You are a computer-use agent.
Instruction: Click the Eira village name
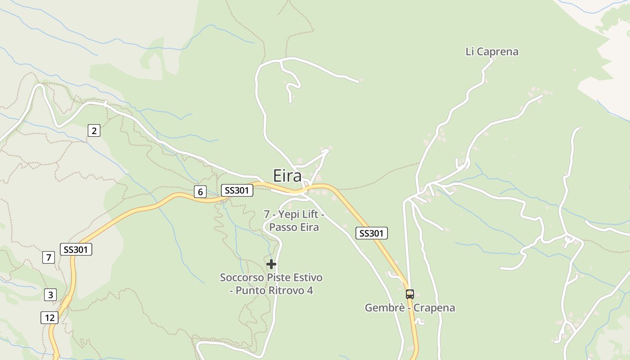(287, 176)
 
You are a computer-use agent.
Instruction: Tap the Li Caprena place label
(492, 52)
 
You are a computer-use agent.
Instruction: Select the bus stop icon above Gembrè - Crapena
(409, 294)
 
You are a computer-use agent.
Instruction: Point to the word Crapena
(434, 308)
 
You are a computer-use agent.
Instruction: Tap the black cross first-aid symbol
(271, 264)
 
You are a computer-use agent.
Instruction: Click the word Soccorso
(241, 278)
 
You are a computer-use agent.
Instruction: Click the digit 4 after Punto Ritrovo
(310, 290)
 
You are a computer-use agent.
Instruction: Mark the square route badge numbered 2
(94, 131)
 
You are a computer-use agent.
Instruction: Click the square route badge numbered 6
(200, 192)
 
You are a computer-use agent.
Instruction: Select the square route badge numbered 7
(48, 257)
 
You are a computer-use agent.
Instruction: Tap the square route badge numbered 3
(50, 295)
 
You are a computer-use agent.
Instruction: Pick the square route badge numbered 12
(49, 318)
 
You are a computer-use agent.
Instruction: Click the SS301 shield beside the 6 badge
(237, 190)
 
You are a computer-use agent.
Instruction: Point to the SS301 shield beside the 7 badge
(76, 249)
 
